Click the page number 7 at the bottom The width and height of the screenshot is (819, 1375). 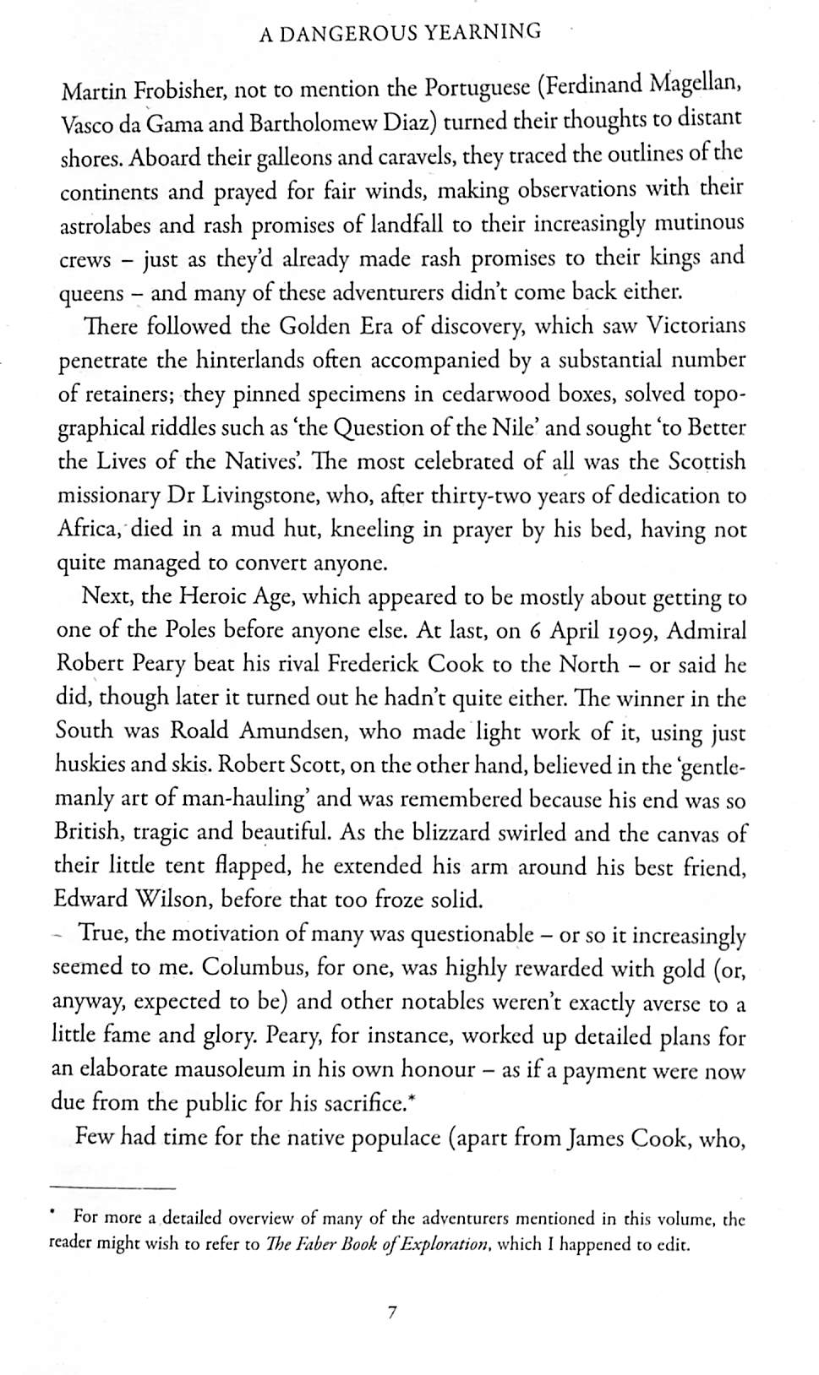391,1312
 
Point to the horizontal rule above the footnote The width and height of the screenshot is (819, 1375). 111,1187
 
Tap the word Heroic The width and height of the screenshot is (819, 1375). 212,598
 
